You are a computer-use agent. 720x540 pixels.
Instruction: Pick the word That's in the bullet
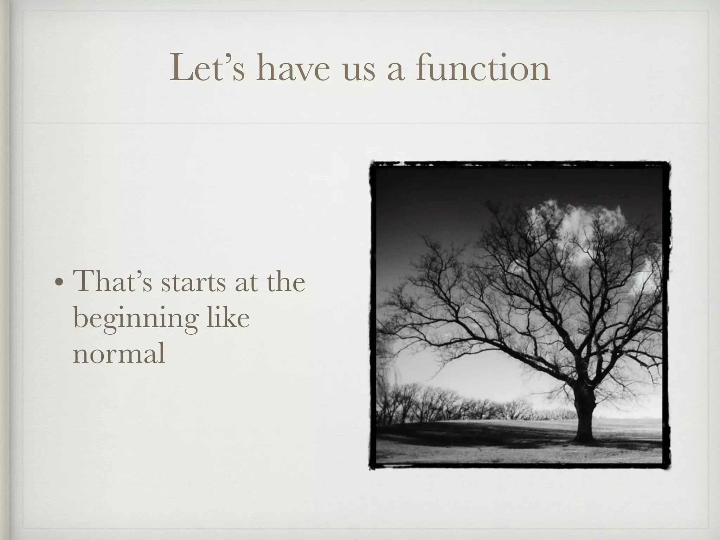point(112,281)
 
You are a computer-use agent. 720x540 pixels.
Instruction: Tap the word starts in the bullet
point(193,283)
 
